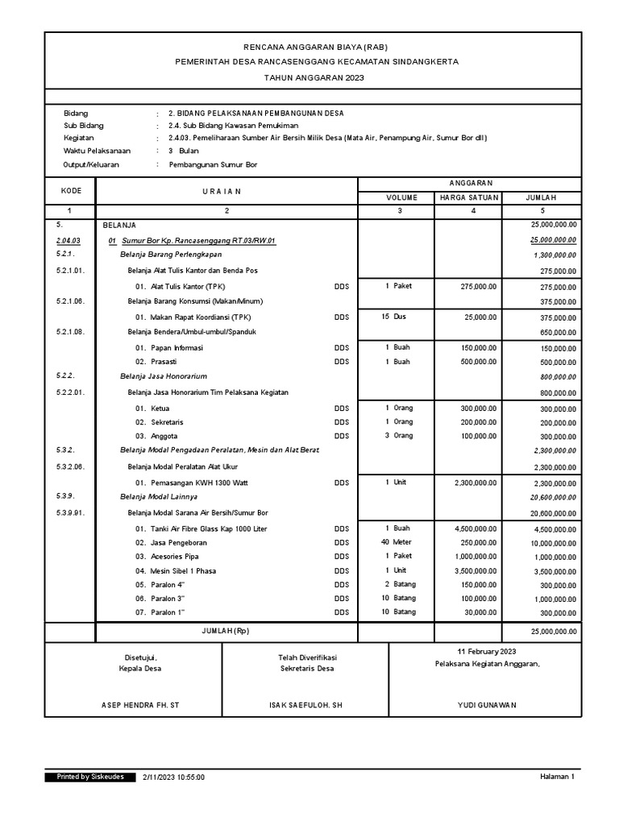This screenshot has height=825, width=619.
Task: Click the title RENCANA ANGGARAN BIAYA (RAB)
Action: pyautogui.click(x=310, y=47)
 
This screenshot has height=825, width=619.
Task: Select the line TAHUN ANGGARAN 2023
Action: pyautogui.click(x=310, y=77)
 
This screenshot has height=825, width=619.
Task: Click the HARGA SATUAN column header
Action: pyautogui.click(x=469, y=197)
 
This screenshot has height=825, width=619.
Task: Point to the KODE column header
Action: pyautogui.click(x=70, y=190)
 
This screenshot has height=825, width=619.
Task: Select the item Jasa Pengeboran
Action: pyautogui.click(x=178, y=543)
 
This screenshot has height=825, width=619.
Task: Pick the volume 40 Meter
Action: pyautogui.click(x=398, y=542)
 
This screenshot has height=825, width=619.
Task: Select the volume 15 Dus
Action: pyautogui.click(x=394, y=317)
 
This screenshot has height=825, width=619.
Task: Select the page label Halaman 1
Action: pyautogui.click(x=557, y=777)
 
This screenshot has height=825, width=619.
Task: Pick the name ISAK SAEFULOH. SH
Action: pyautogui.click(x=305, y=705)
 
